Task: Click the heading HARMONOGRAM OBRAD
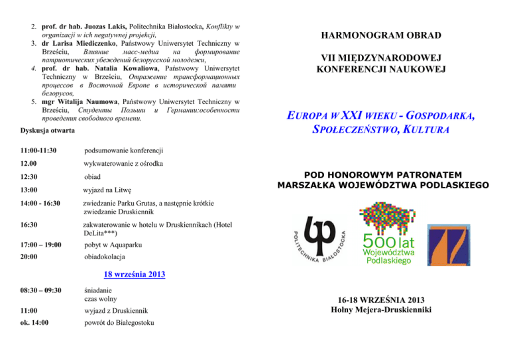tap(381, 34)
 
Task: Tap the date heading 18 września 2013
tap(135, 274)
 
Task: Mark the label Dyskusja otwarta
tap(46, 132)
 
